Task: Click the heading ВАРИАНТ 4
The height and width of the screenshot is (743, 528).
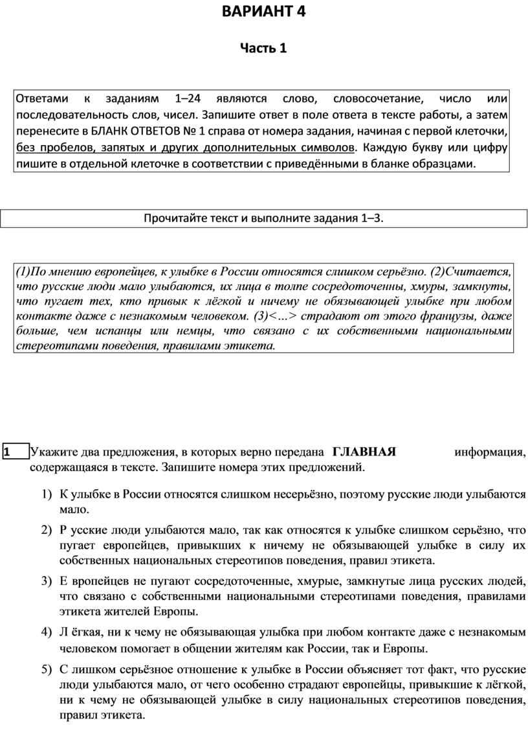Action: [263, 12]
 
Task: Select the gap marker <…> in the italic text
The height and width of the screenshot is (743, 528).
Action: [282, 316]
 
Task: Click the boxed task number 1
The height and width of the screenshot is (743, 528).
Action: [6, 452]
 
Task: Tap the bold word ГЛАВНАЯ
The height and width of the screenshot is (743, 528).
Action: [364, 452]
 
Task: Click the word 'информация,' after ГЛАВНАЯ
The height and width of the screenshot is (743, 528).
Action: [490, 452]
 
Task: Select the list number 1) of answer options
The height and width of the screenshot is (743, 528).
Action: [45, 494]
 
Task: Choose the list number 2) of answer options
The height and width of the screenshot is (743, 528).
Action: [45, 530]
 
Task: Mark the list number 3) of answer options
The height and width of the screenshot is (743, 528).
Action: [45, 581]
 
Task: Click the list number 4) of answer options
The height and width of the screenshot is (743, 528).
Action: [45, 631]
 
